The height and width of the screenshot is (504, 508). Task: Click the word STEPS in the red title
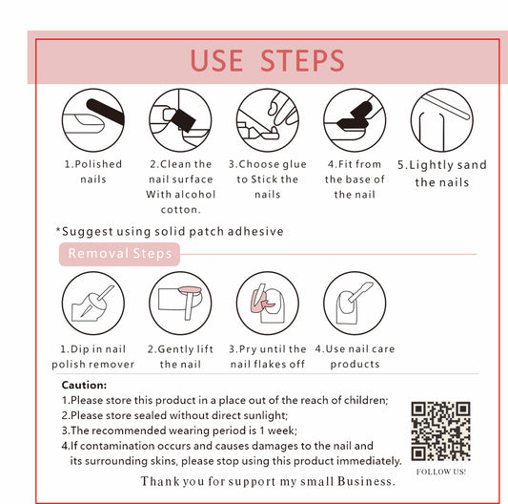(x=302, y=61)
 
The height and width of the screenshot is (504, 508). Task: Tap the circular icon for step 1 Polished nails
(x=93, y=120)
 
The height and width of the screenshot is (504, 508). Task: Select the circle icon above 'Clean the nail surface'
(x=180, y=120)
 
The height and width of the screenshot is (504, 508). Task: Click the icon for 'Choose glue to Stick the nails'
(x=268, y=120)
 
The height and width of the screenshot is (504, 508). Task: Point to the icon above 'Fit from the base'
(x=355, y=120)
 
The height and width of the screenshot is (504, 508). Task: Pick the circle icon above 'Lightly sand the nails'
(x=442, y=120)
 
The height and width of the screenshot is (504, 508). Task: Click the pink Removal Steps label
(x=119, y=254)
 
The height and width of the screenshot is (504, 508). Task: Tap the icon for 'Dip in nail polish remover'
(x=93, y=304)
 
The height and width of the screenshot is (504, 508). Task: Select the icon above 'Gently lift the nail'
(x=180, y=304)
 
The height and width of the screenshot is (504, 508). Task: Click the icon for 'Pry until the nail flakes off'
(x=268, y=304)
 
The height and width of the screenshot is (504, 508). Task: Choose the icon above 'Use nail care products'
(x=355, y=304)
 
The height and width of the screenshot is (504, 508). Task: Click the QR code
(x=441, y=431)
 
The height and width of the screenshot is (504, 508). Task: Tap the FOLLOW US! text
(x=441, y=472)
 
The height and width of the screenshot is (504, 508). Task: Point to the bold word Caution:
(x=84, y=385)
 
